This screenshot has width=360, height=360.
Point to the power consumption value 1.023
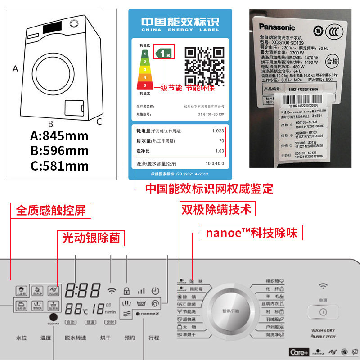(x=218, y=131)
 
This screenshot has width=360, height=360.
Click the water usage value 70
(x=221, y=141)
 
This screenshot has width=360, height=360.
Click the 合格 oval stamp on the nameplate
(x=332, y=61)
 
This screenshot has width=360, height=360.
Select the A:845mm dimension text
(x=59, y=136)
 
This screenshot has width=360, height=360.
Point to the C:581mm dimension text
(x=59, y=166)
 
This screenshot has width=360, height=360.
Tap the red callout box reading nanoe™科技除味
(x=251, y=233)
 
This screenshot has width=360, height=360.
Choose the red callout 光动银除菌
(x=90, y=238)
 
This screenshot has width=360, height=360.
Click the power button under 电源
(x=323, y=312)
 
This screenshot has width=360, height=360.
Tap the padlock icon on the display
(x=127, y=290)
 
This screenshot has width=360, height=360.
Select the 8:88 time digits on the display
(x=82, y=290)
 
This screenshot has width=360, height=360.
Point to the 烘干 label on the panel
(x=105, y=337)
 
